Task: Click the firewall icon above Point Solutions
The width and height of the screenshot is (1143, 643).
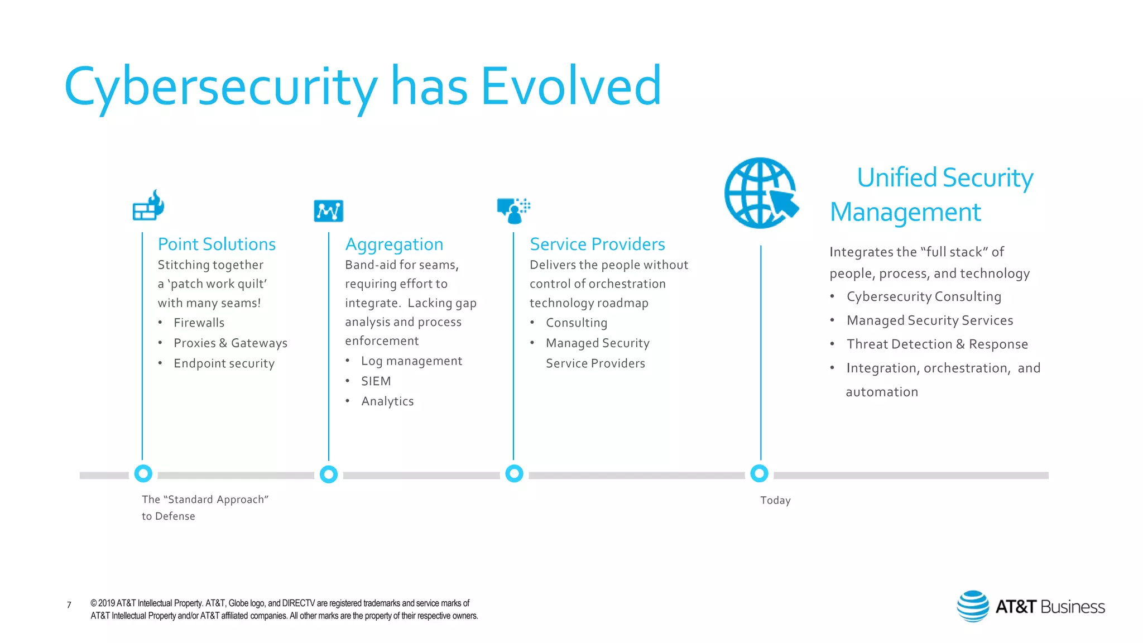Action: (x=148, y=205)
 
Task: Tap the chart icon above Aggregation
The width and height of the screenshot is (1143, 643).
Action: (x=328, y=210)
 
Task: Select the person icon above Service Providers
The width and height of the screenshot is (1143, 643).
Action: (x=513, y=210)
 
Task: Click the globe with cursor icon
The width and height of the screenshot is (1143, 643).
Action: (x=761, y=193)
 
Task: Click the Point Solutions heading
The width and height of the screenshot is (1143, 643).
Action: (x=217, y=244)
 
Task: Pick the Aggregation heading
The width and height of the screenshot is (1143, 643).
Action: (x=394, y=244)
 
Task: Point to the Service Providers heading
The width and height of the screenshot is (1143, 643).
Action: (x=597, y=244)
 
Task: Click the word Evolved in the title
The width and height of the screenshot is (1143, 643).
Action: (x=570, y=86)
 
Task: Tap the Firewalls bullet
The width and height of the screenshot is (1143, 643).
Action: (x=199, y=323)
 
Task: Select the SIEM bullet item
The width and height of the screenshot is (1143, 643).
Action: (x=376, y=381)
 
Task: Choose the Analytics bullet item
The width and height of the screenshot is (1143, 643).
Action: (x=387, y=401)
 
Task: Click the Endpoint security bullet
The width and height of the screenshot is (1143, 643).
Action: (x=224, y=363)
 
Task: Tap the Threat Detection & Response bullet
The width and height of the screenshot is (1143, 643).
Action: (x=937, y=344)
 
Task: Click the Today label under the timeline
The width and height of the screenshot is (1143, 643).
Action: (x=775, y=500)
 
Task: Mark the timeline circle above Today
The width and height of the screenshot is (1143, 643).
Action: (x=759, y=473)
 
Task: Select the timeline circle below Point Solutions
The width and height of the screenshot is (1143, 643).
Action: (x=143, y=473)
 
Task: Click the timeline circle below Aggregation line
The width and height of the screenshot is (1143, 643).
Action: (x=329, y=474)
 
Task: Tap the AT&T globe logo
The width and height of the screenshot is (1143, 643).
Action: (x=973, y=606)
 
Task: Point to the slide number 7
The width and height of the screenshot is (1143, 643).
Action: (x=69, y=605)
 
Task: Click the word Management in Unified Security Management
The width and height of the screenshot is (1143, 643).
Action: (x=905, y=212)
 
